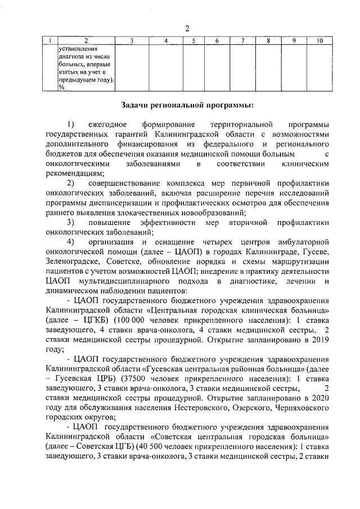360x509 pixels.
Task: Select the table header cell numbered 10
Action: click(x=319, y=41)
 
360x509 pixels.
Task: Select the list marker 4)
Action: click(x=71, y=241)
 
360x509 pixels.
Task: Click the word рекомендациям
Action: click(x=73, y=173)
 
